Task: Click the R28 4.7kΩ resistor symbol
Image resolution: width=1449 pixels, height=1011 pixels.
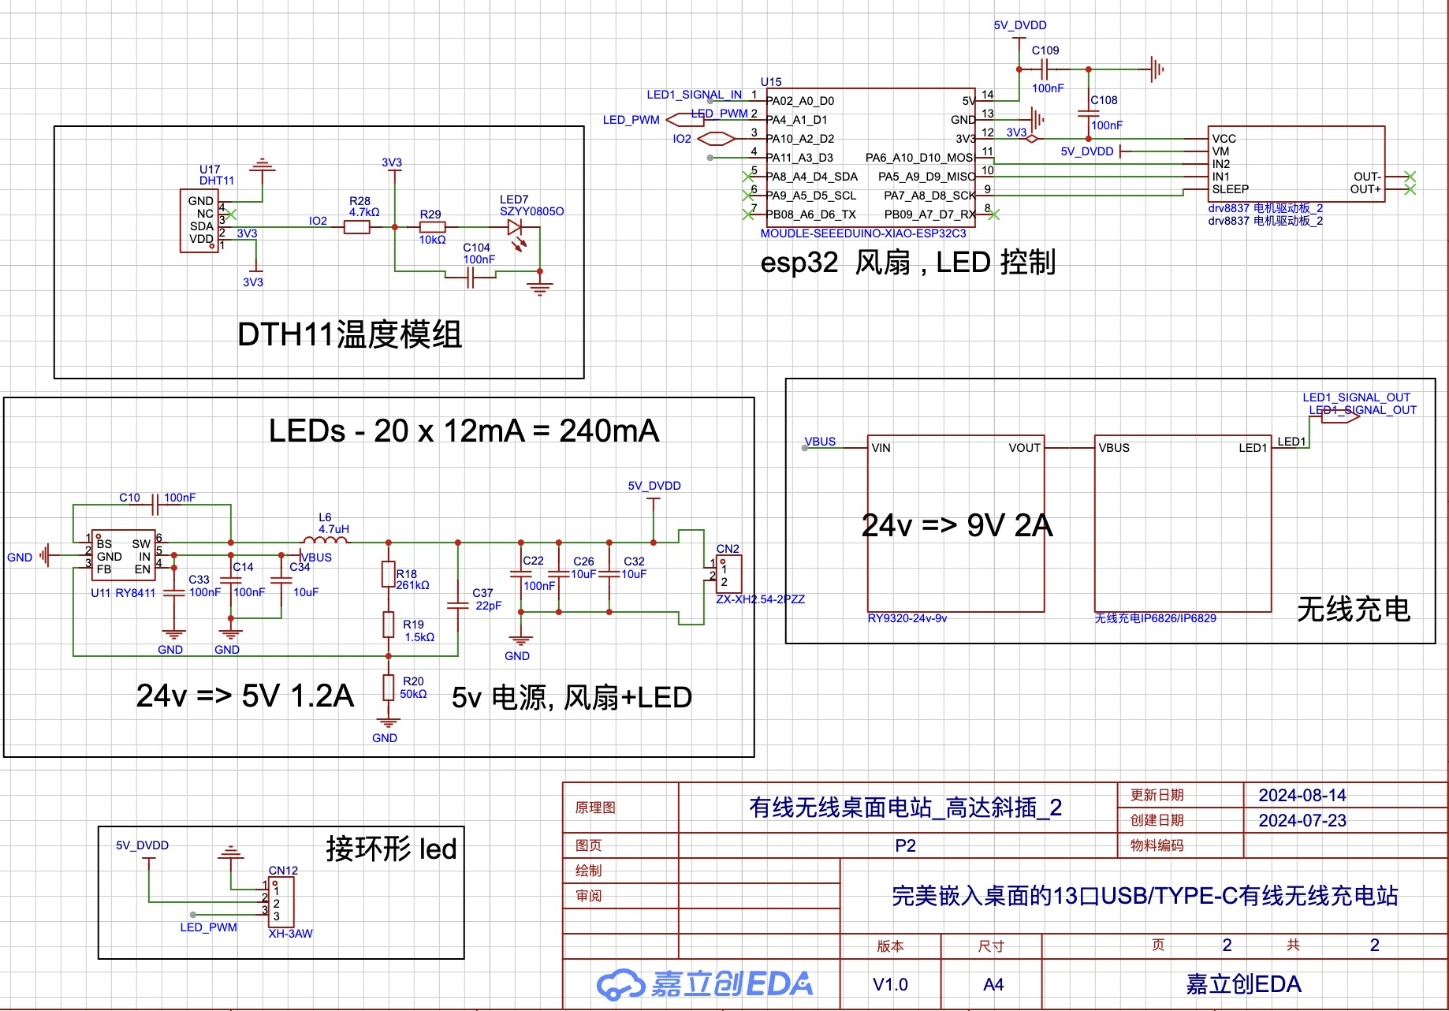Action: click(357, 227)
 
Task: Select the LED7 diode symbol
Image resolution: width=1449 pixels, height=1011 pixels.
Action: click(516, 228)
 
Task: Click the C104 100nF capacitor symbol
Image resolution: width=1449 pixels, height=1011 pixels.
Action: click(470, 278)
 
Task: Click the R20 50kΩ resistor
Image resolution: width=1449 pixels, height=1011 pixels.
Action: click(388, 688)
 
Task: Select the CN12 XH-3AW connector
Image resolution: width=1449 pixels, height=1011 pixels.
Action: click(281, 902)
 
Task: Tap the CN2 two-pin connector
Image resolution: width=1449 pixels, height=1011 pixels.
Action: click(728, 574)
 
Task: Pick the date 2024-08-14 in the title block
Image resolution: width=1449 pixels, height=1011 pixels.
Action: click(1302, 795)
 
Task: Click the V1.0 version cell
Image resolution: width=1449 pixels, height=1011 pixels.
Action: click(890, 984)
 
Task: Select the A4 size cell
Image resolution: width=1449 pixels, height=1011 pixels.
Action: click(993, 984)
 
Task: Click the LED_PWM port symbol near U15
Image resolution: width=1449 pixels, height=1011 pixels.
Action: click(684, 120)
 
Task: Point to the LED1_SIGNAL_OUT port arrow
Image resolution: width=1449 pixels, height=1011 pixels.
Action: click(1340, 416)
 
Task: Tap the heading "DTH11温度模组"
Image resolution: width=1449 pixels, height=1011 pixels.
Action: click(349, 334)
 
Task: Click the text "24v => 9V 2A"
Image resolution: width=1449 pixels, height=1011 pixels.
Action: click(957, 525)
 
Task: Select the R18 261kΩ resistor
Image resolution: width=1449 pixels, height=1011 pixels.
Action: click(388, 574)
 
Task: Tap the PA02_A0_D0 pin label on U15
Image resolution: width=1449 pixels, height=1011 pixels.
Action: click(800, 101)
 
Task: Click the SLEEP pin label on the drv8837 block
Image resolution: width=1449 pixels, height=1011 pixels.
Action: click(1230, 189)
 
